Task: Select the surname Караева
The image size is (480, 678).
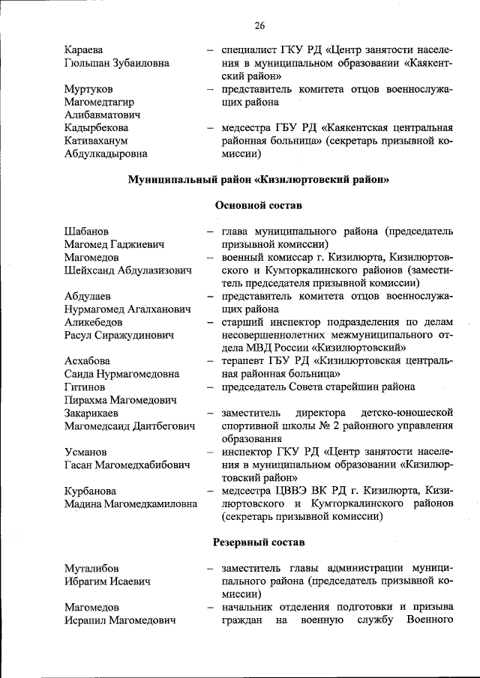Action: pyautogui.click(x=84, y=50)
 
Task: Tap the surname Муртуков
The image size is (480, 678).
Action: pyautogui.click(x=88, y=89)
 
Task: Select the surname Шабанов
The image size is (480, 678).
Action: pyautogui.click(x=86, y=231)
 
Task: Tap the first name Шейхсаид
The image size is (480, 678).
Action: pyautogui.click(x=94, y=270)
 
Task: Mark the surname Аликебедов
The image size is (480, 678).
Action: pyautogui.click(x=94, y=322)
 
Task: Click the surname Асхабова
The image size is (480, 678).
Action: pyautogui.click(x=88, y=361)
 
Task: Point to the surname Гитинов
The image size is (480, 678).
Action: pyautogui.click(x=83, y=387)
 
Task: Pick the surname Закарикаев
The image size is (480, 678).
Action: pyautogui.click(x=94, y=413)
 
